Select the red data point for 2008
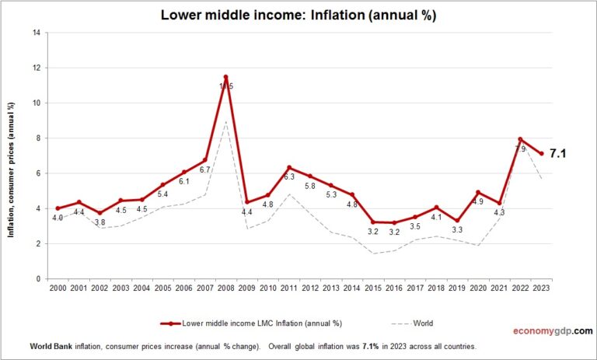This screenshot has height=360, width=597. (x=225, y=77)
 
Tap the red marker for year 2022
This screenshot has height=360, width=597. (x=520, y=140)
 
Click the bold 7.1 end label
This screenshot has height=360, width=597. (x=557, y=154)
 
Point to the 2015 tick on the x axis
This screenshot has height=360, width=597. (x=372, y=288)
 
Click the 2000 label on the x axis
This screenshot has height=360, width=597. (x=58, y=288)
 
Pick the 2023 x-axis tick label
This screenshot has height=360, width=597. (x=541, y=288)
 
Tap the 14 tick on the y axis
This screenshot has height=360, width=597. (x=35, y=33)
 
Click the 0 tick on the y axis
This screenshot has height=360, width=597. (x=37, y=279)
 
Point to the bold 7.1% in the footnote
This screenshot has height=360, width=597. (x=373, y=346)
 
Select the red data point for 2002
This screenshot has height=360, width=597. (x=99, y=212)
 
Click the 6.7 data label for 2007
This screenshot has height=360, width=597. (x=205, y=170)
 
